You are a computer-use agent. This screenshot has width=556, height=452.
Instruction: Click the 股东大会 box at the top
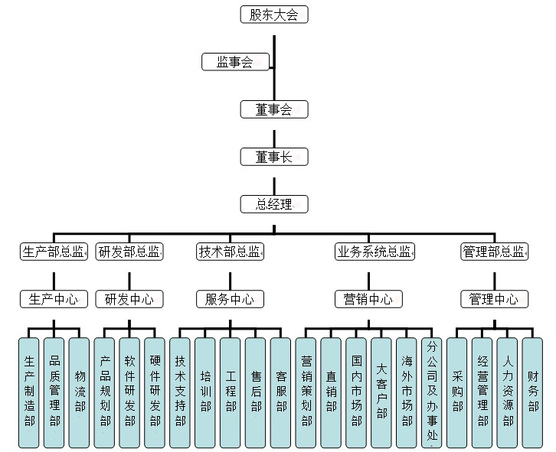274,15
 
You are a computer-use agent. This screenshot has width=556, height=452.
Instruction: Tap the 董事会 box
274,109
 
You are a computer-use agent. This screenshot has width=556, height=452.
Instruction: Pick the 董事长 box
274,157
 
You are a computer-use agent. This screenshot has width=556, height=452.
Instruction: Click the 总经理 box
274,204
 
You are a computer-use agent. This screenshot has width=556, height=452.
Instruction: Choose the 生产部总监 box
54,252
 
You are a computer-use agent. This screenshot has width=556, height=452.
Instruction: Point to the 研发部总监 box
129,252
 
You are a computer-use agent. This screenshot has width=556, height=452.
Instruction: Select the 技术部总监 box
229,252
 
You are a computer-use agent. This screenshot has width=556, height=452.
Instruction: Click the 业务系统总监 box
374,252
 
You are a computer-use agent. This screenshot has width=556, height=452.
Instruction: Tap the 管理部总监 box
494,252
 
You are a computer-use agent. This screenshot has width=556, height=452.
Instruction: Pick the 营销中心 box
368,299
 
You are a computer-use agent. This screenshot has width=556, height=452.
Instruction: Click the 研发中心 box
129,299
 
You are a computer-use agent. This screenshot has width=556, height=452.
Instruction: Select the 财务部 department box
532,392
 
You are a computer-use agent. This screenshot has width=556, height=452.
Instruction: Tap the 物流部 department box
79,392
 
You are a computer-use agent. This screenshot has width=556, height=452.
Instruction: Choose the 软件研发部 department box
129,392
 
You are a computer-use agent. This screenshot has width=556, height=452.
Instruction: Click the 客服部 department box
280,392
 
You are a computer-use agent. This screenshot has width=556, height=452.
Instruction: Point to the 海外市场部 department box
407,392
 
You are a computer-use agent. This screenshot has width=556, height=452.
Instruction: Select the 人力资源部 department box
507,392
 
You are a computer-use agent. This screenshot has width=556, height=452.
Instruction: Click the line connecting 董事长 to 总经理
274,180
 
